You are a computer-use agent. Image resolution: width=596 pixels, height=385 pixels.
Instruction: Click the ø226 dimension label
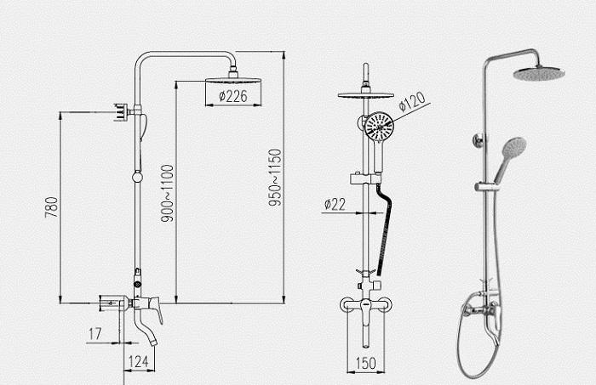[x=233, y=96]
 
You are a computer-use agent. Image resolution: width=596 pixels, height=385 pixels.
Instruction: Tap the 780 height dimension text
[x=51, y=207]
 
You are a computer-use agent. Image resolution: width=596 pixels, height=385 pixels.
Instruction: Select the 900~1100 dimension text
[x=167, y=193]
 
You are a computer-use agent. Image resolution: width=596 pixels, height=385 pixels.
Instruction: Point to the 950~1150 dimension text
[x=275, y=178]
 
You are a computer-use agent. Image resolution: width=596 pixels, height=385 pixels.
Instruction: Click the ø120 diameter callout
[x=412, y=101]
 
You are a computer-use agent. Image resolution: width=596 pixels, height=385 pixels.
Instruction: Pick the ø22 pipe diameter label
[x=335, y=205]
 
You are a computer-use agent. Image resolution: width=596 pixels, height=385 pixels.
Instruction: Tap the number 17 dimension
[x=95, y=334]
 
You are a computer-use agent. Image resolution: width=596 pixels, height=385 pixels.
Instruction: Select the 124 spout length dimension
[x=138, y=361]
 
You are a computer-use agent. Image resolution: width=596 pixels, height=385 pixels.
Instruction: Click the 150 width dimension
[x=365, y=363]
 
